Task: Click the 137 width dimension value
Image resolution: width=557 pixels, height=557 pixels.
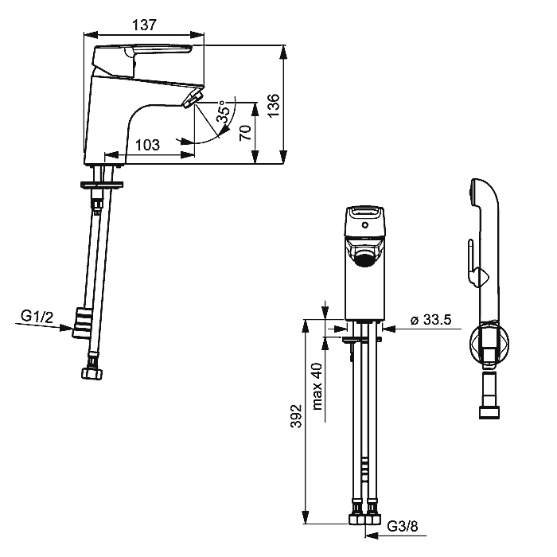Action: pos(144,25)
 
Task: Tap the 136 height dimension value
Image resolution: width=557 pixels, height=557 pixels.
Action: pos(274,106)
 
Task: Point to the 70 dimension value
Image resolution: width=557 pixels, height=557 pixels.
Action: pos(245,133)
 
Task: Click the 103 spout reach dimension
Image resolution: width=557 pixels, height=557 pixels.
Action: pos(148,145)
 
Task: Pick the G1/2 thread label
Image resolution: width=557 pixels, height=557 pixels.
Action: pos(37,316)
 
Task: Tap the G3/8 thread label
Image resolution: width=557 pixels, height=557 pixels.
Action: pos(402,526)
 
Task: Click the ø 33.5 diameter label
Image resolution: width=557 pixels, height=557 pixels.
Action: pos(430,320)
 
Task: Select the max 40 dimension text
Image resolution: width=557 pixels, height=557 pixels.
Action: pos(317,387)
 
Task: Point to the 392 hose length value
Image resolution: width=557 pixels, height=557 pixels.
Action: pos(296,416)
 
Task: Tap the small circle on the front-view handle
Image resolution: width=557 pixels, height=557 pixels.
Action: pos(364,225)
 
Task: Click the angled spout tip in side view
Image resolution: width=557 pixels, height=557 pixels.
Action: pos(193,99)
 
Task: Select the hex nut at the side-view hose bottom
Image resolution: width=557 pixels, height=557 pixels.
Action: pos(93,374)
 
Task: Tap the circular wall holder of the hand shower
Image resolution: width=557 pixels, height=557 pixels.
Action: pos(489,344)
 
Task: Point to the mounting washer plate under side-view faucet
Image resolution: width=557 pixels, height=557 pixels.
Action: pos(103,184)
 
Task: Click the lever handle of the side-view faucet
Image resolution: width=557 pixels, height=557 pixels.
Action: pos(142,60)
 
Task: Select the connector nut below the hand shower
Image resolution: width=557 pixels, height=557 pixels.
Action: pos(489,413)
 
